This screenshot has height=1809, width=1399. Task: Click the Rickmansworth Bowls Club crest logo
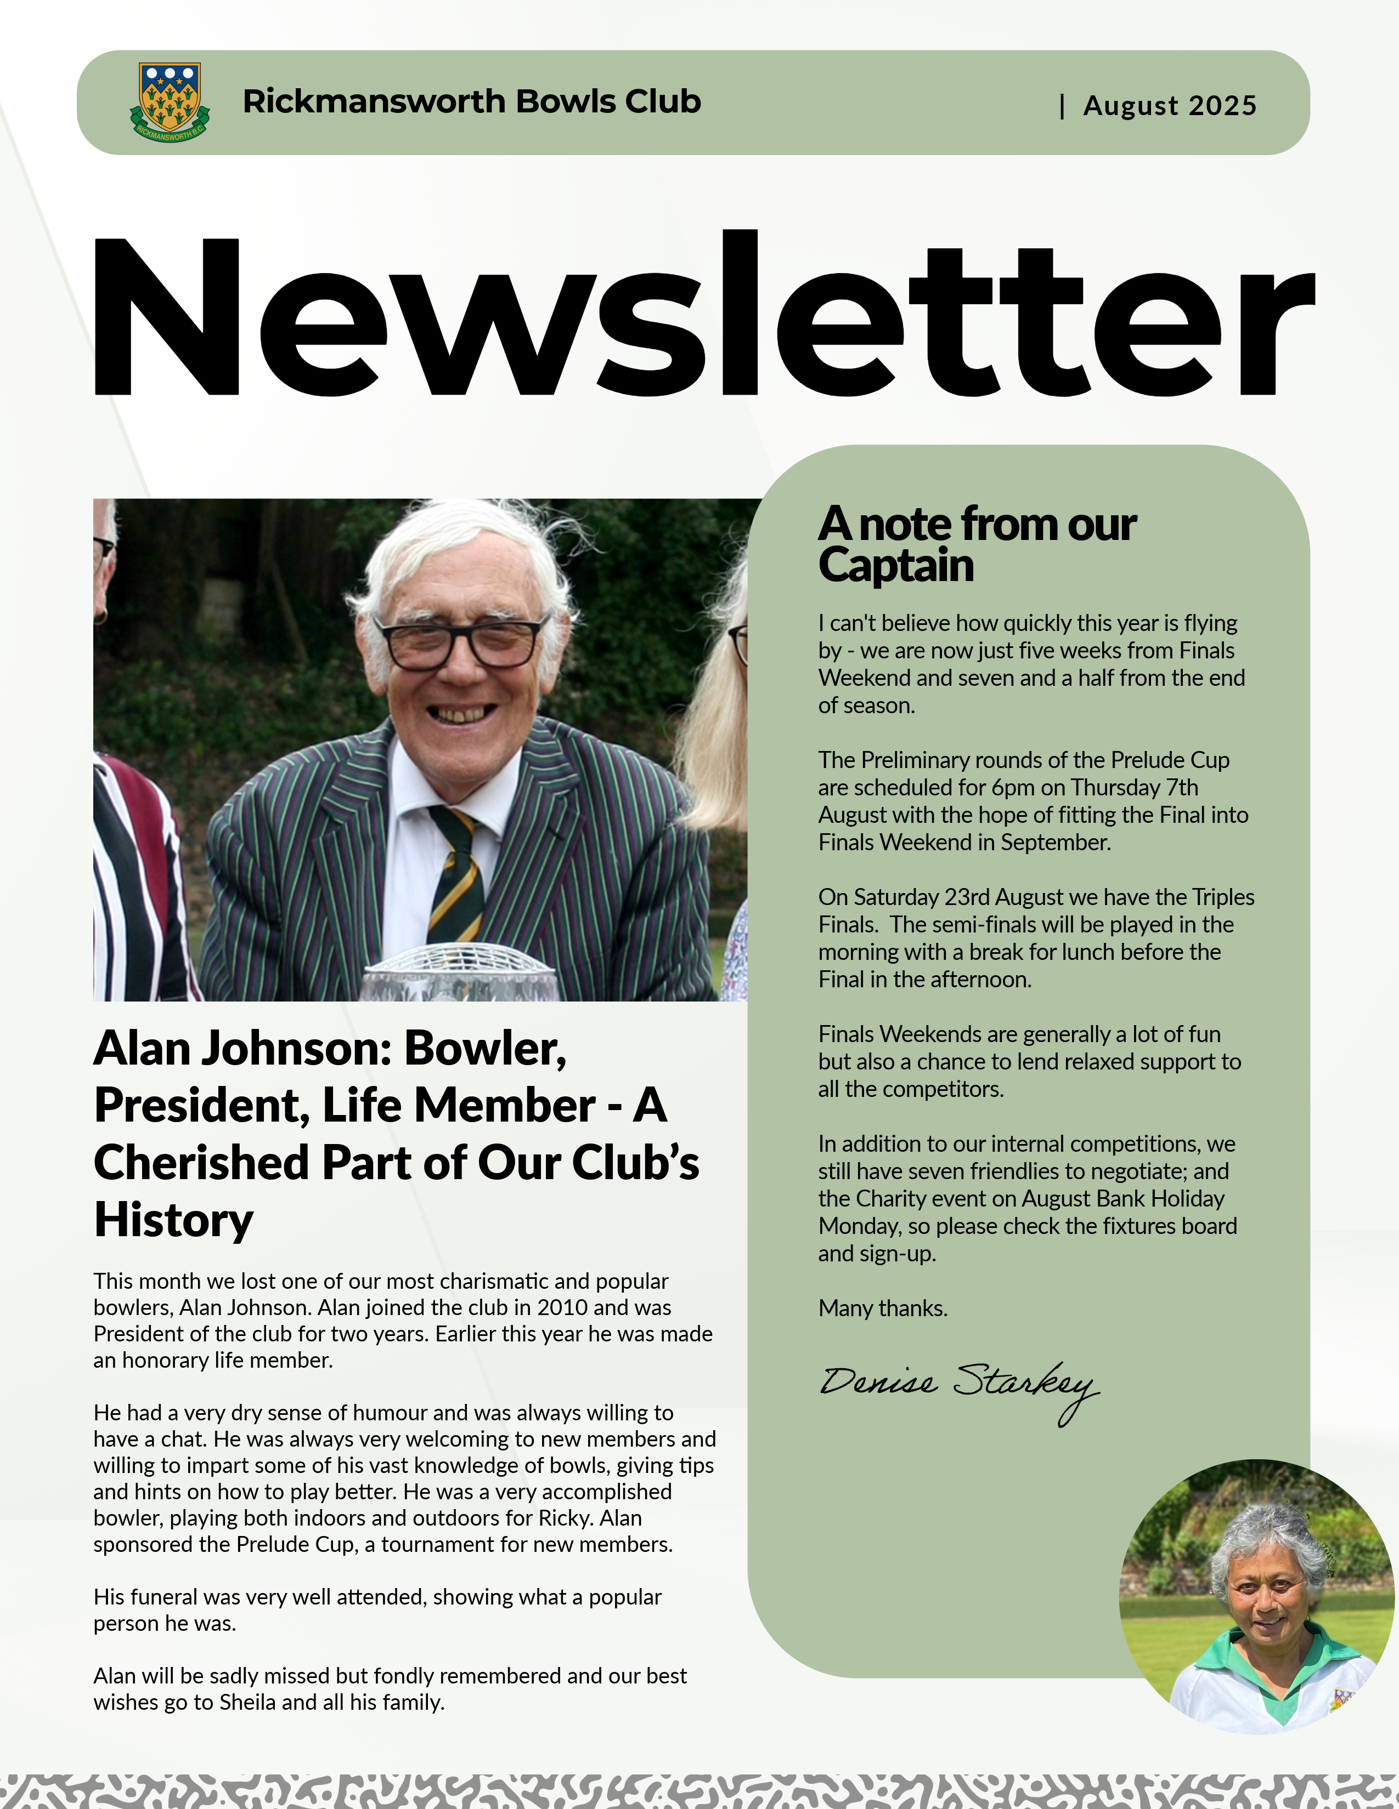(x=170, y=102)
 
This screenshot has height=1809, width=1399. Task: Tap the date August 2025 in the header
(x=1170, y=105)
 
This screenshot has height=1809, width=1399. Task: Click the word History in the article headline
(x=174, y=1220)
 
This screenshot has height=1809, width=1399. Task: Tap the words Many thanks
(x=883, y=1308)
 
